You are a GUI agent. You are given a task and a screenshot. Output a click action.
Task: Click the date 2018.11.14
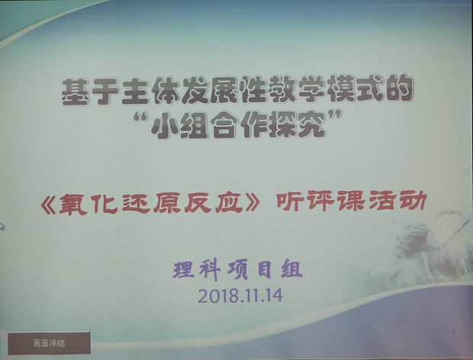[x=240, y=295]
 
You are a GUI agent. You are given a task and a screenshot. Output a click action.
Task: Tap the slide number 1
[x=453, y=334]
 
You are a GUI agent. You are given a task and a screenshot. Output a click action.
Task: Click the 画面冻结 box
[x=49, y=343]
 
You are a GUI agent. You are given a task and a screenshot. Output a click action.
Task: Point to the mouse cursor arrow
[x=2, y=226]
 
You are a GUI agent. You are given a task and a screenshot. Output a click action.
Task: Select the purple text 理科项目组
[x=237, y=270]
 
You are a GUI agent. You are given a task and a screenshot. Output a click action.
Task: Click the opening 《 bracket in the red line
[x=49, y=204]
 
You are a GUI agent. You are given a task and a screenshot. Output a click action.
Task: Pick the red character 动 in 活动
[x=413, y=201]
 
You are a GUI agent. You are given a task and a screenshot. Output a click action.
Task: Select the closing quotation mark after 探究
[x=335, y=115]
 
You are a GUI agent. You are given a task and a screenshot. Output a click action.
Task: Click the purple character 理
[x=184, y=270]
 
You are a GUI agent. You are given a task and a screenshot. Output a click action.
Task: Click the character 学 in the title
[x=311, y=89]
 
